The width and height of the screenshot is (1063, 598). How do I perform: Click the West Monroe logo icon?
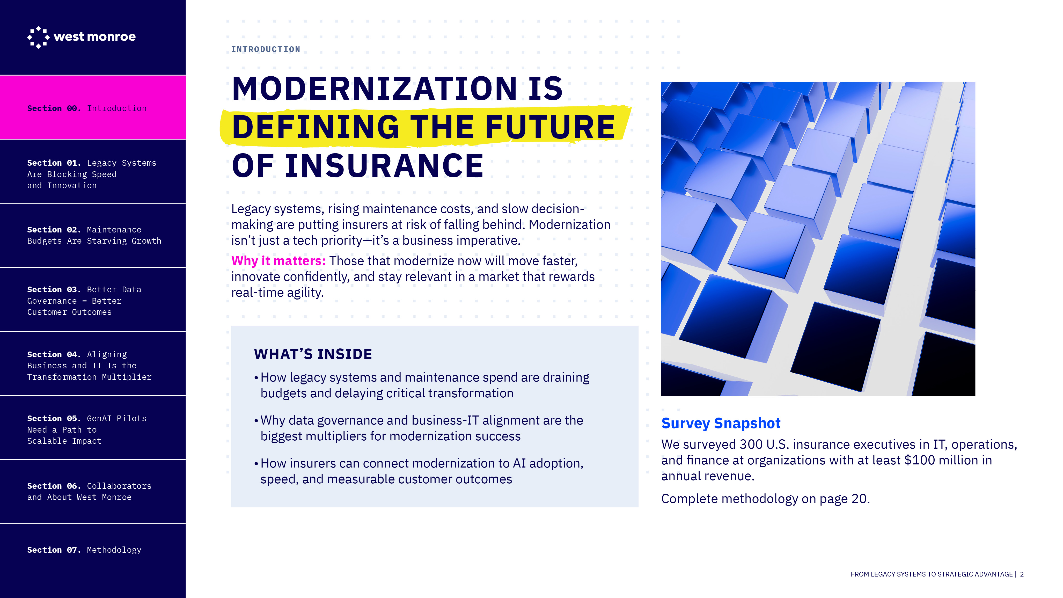[x=38, y=37]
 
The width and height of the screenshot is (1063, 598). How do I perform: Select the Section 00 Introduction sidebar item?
[x=93, y=107]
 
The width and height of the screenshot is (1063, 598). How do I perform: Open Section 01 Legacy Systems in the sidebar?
[x=93, y=172]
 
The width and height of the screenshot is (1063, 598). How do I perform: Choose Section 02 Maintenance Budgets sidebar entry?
[x=93, y=235]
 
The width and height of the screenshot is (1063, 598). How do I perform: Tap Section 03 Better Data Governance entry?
[x=93, y=300]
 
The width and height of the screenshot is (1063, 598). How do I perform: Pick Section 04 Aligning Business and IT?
[x=93, y=363]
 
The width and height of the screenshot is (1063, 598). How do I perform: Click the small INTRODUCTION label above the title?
[x=266, y=49]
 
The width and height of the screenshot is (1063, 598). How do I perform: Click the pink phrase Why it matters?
[x=278, y=261]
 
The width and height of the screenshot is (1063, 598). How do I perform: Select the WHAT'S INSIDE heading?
[x=313, y=354]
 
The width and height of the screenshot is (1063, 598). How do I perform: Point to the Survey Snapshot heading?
[x=721, y=424]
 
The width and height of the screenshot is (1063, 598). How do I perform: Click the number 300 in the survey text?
[x=751, y=444]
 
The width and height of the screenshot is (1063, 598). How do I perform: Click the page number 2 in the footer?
[x=1022, y=574]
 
